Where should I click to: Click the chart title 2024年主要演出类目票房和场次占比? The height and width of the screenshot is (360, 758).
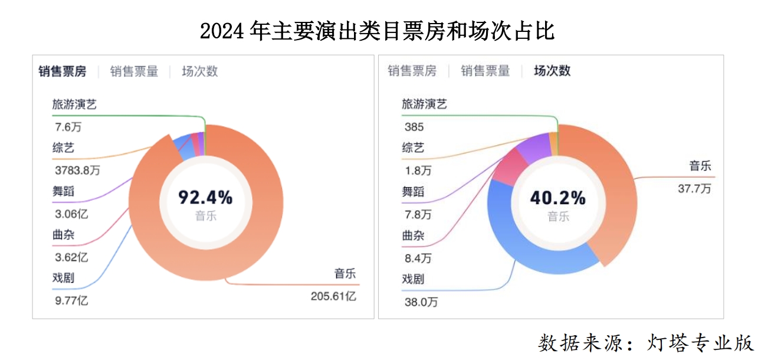point(378,31)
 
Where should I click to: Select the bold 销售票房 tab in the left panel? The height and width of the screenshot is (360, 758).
point(63,71)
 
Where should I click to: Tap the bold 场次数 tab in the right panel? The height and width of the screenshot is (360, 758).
point(552,71)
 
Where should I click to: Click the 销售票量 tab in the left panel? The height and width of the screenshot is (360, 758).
point(134,71)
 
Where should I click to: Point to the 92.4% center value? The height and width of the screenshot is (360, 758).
point(205,197)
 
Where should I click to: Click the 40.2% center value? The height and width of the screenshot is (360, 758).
point(557,198)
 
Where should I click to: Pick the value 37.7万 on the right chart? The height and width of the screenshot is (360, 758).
point(694,189)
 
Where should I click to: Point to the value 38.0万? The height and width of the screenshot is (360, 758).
point(421,302)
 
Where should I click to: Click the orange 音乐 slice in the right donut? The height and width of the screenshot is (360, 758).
point(613,189)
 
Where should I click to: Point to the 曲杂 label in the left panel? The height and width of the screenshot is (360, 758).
point(63,234)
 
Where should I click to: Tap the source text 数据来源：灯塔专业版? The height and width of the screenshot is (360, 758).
point(646,343)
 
